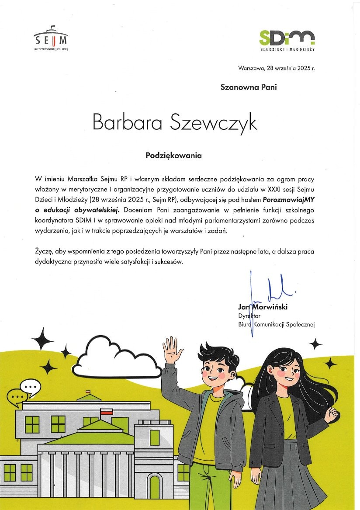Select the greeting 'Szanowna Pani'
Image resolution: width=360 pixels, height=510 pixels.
[248, 87]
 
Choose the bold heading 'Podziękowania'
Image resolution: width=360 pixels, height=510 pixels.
[174, 155]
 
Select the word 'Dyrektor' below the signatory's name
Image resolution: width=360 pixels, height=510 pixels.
[249, 316]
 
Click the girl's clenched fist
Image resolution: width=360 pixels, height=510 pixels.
[332, 413]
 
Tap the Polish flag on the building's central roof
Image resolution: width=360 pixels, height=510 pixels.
[106, 411]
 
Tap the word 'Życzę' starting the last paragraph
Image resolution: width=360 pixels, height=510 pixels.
[44, 252]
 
